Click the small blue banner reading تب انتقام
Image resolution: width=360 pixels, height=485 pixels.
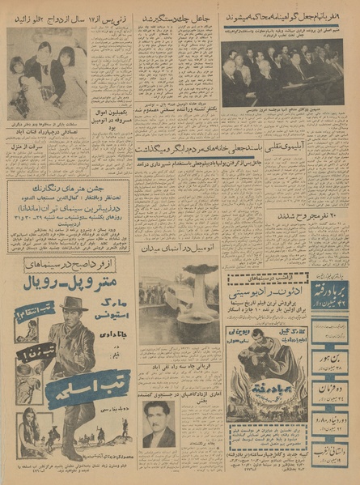click(x=27, y=313)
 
